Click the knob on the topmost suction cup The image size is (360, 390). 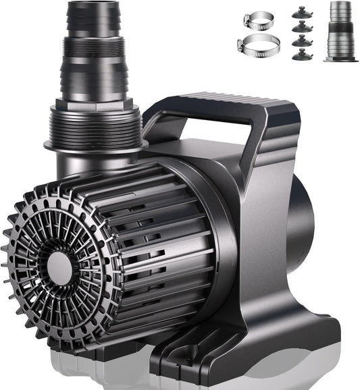300,9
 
